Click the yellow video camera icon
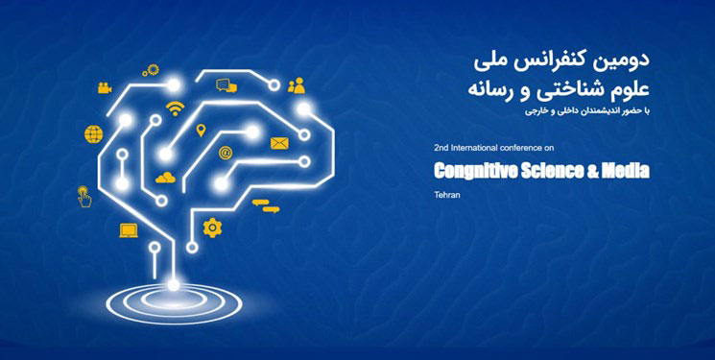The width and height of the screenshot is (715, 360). coord(105,88)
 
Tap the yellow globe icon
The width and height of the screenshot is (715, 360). coord(94,133)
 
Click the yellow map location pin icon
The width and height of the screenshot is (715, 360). coord(201,131)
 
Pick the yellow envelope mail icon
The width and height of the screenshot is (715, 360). coord(279,144)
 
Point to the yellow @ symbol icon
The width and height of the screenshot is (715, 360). coord(226,152)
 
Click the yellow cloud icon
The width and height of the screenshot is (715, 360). coord(167,177)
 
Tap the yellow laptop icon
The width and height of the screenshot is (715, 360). coord(129,229)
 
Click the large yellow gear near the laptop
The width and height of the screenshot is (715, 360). coord(212,227)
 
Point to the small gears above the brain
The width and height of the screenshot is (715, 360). coord(150,69)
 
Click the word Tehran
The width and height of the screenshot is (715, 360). coord(446,196)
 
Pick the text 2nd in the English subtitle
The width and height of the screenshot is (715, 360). coord(441,149)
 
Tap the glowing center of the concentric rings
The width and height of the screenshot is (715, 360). coord(174,283)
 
